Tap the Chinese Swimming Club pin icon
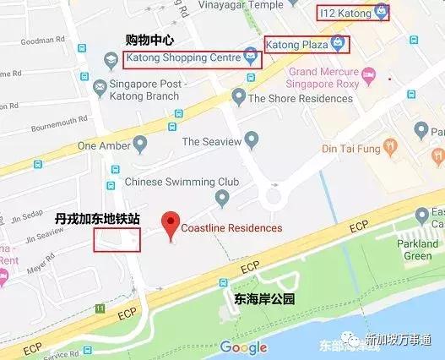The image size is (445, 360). tap(222, 199)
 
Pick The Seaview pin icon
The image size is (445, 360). tap(250, 139)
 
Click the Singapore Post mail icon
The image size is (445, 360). tap(100, 85)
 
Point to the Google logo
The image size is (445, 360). tap(244, 346)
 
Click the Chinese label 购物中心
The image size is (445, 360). tap(149, 39)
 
